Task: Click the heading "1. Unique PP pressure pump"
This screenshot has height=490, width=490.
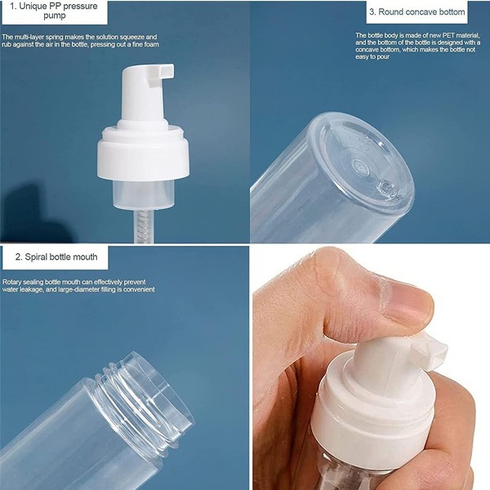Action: click(51, 11)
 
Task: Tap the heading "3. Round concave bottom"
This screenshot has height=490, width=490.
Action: click(416, 11)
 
